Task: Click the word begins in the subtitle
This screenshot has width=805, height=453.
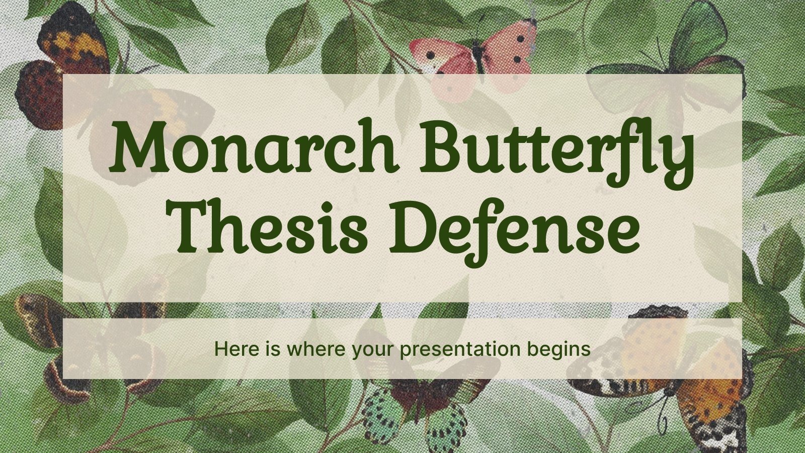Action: coord(562,349)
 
